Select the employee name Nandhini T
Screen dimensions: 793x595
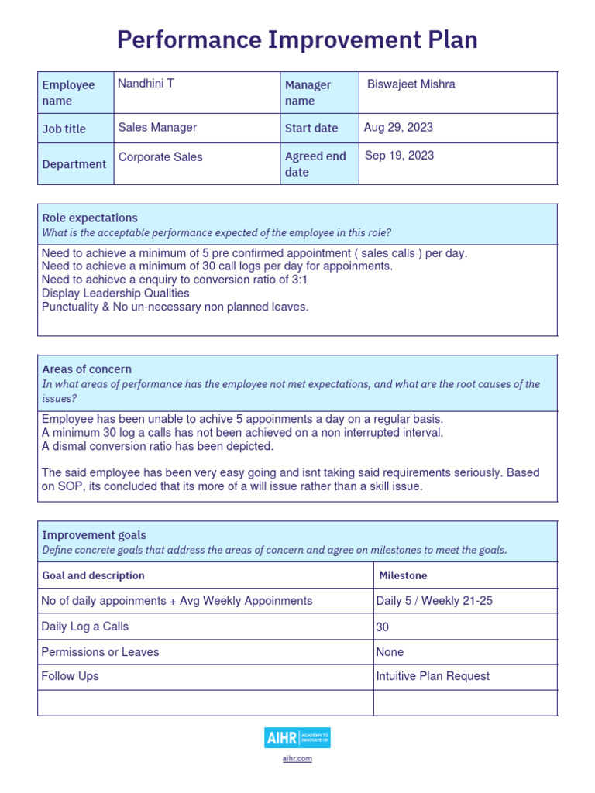click(146, 84)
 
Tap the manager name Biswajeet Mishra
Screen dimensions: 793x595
click(411, 84)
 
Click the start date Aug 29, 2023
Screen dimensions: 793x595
click(398, 128)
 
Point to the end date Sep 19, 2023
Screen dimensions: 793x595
click(399, 156)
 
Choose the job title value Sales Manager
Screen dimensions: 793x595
click(157, 128)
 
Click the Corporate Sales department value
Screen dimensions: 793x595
click(160, 157)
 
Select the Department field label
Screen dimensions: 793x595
click(74, 164)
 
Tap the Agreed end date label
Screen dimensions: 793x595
click(315, 164)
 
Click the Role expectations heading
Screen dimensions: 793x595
click(90, 218)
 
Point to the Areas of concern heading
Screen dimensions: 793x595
click(87, 369)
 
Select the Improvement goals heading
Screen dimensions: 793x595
click(94, 535)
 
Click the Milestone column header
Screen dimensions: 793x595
click(403, 575)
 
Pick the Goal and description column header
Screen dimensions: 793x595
click(93, 575)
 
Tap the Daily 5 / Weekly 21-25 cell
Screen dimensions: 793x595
click(434, 601)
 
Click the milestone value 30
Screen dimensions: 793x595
click(383, 627)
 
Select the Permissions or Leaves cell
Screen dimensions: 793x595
click(100, 652)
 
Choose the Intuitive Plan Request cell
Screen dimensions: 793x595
click(432, 676)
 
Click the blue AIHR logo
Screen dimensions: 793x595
click(297, 738)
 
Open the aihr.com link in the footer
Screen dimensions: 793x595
click(297, 759)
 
